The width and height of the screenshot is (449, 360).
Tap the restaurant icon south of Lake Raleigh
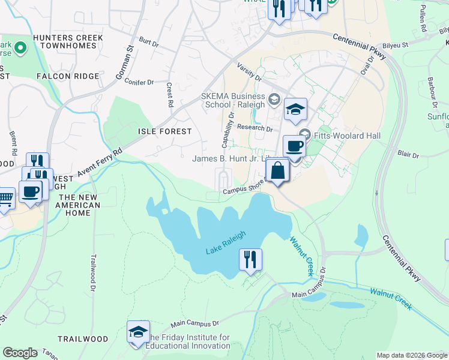[250, 259]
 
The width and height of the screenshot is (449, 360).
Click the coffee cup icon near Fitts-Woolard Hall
[294, 146]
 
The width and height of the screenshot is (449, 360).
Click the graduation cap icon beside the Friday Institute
[138, 333]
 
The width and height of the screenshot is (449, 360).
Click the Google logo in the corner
[20, 353]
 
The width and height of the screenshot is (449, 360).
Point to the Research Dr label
[255, 128]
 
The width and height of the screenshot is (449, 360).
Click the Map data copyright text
[412, 355]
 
